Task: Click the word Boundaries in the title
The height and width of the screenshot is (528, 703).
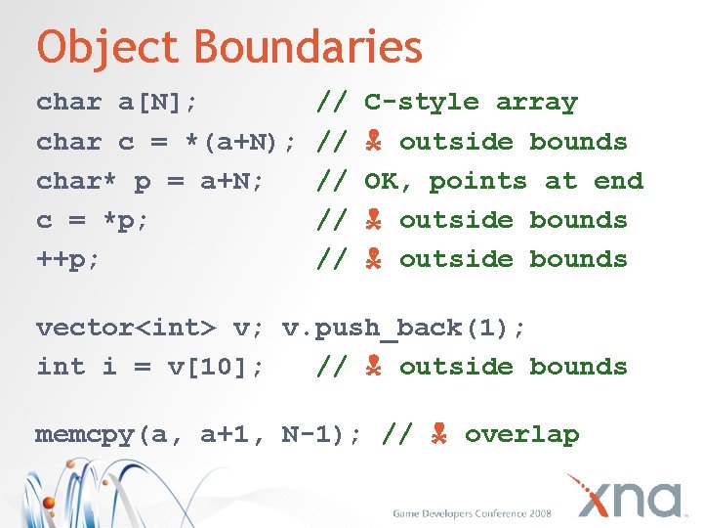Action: (308, 47)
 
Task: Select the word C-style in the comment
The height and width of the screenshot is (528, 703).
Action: (421, 103)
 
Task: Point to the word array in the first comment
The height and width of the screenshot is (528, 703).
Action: (537, 103)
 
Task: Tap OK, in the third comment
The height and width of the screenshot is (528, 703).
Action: (389, 181)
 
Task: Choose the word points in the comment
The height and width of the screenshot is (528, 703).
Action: (478, 181)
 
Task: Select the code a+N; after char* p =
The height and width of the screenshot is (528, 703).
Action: (232, 181)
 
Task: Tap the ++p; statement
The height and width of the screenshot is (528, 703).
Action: (69, 259)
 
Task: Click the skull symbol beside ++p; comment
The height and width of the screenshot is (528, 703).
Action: (373, 259)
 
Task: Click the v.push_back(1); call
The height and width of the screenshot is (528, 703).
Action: (404, 328)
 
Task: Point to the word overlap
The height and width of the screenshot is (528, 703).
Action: (521, 435)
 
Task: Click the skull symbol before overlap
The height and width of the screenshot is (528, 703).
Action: (438, 434)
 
